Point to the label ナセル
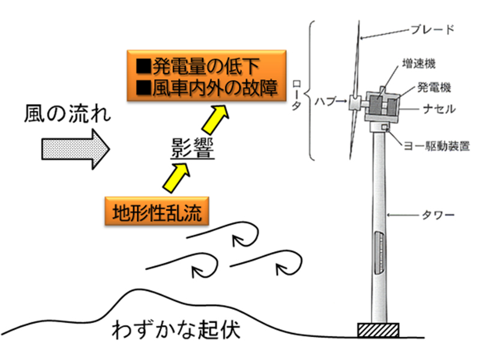[436, 110]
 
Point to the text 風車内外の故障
[206, 89]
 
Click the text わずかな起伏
[176, 330]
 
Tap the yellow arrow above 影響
[218, 119]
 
